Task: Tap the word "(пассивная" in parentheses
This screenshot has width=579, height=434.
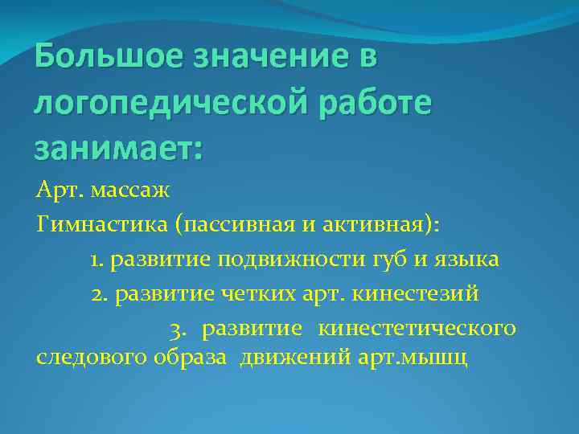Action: pos(230,226)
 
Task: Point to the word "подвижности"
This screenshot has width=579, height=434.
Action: pos(289,260)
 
